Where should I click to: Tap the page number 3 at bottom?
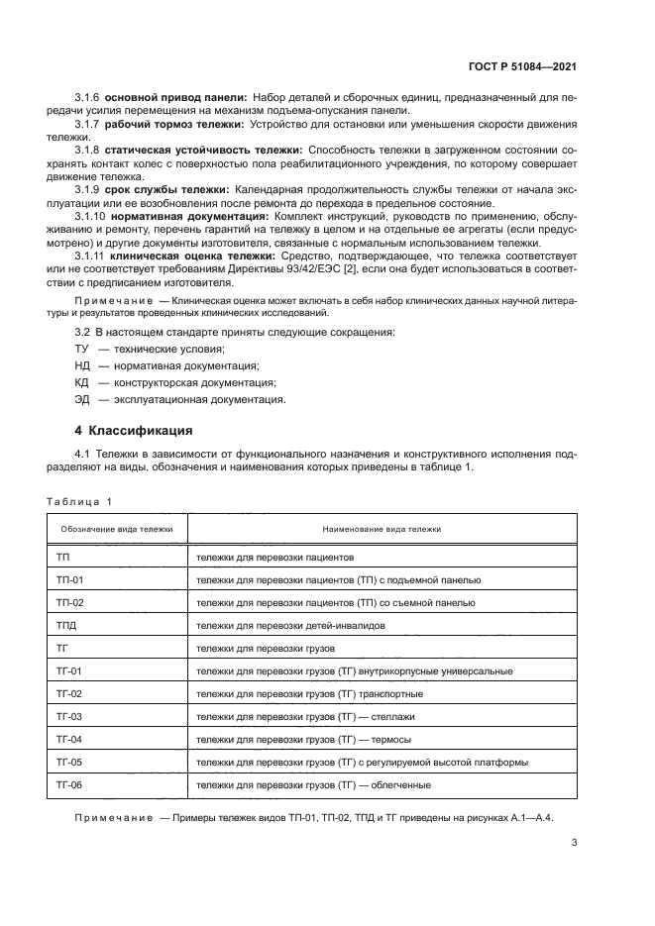pyautogui.click(x=575, y=844)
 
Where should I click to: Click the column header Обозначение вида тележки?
pyautogui.click(x=117, y=530)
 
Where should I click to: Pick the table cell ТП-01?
pyautogui.click(x=70, y=580)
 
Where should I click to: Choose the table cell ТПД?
pyautogui.click(x=67, y=626)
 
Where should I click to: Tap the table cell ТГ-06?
pyautogui.click(x=70, y=785)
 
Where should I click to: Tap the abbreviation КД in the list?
pyautogui.click(x=81, y=382)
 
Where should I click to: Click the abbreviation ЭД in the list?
pyautogui.click(x=81, y=400)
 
